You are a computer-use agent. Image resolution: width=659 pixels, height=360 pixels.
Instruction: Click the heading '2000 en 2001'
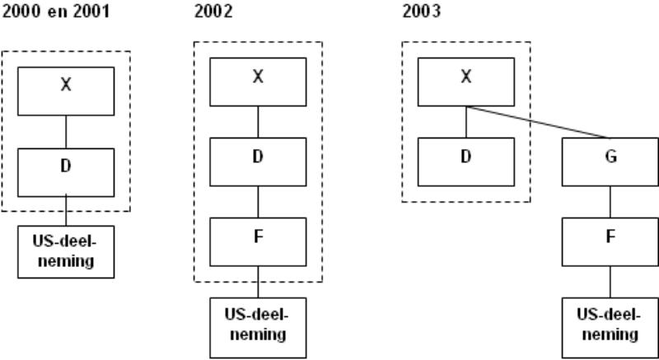click(56, 12)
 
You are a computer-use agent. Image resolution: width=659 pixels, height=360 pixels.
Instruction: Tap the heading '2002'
click(213, 12)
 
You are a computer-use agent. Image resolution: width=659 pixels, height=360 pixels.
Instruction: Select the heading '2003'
click(422, 12)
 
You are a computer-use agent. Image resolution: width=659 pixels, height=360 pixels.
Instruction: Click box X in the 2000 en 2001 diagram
click(66, 91)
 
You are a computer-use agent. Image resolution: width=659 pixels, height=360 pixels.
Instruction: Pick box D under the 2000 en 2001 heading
click(66, 172)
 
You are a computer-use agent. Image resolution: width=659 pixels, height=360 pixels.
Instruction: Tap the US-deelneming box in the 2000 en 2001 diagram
click(66, 252)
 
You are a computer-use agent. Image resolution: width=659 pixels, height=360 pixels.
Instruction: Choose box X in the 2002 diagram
click(258, 82)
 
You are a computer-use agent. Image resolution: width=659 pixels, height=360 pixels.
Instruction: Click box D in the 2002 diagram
click(258, 161)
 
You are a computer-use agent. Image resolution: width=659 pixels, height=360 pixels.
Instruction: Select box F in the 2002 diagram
click(258, 242)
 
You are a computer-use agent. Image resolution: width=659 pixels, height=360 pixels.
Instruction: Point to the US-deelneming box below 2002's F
click(258, 328)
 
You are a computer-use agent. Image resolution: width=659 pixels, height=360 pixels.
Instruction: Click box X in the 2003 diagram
click(466, 82)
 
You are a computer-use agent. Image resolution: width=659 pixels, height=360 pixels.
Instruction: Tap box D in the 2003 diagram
click(466, 161)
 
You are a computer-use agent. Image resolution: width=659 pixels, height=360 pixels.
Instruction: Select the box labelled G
click(610, 161)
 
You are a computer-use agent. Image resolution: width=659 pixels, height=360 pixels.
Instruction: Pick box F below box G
click(610, 242)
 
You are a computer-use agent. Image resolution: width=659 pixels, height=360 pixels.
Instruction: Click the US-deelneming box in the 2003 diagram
click(610, 328)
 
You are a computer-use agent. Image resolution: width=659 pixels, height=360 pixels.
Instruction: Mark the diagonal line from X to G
click(538, 122)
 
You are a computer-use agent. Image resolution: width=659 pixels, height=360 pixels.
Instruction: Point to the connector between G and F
click(610, 202)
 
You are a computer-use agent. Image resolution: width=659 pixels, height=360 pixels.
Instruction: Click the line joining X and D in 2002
click(258, 122)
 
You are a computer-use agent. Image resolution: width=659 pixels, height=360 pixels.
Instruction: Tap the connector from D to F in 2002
click(258, 202)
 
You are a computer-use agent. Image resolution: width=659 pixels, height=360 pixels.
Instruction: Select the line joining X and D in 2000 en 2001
click(66, 132)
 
